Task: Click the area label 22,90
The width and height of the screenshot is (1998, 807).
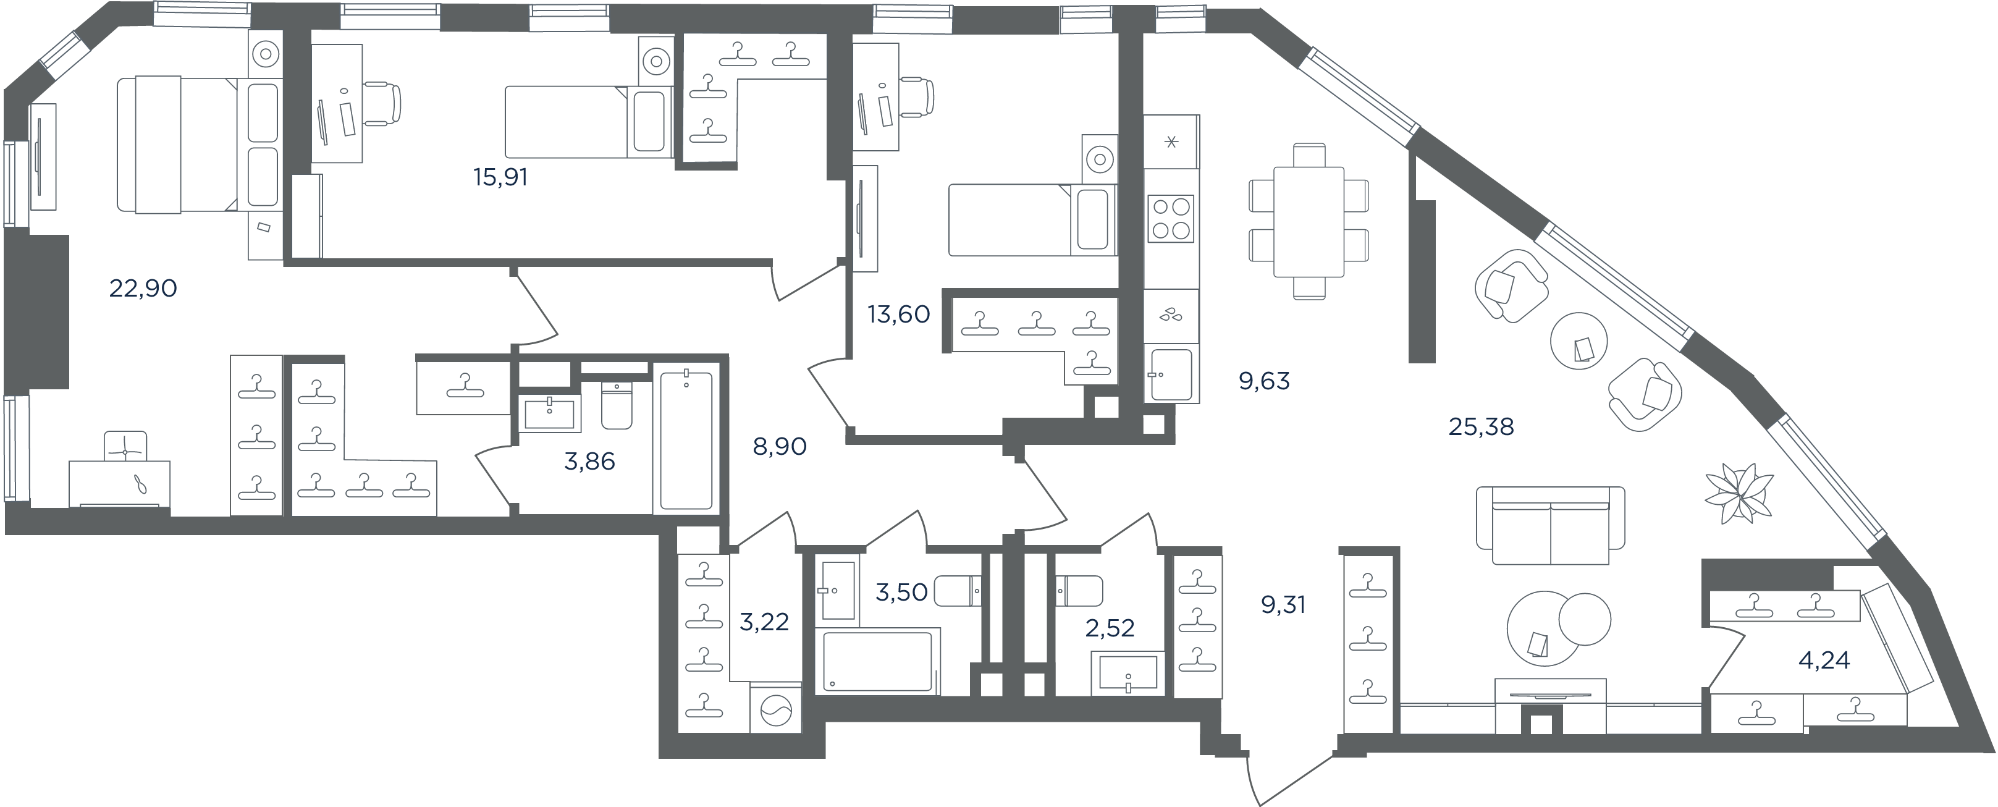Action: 143,289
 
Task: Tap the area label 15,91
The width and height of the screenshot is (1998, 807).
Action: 500,178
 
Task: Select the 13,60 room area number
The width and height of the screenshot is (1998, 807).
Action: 898,315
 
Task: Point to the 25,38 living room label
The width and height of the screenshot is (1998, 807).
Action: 1482,427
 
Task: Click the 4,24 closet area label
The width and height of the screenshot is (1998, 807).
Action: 1824,661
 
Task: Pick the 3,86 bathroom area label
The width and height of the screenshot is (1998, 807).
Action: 589,462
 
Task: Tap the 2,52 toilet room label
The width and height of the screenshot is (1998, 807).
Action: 1110,628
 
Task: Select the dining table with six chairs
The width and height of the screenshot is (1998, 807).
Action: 1309,221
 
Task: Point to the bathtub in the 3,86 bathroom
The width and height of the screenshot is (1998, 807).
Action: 686,441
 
